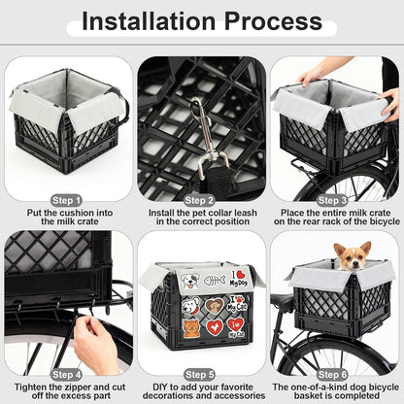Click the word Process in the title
[x=288, y=21]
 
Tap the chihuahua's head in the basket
[x=351, y=255]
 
